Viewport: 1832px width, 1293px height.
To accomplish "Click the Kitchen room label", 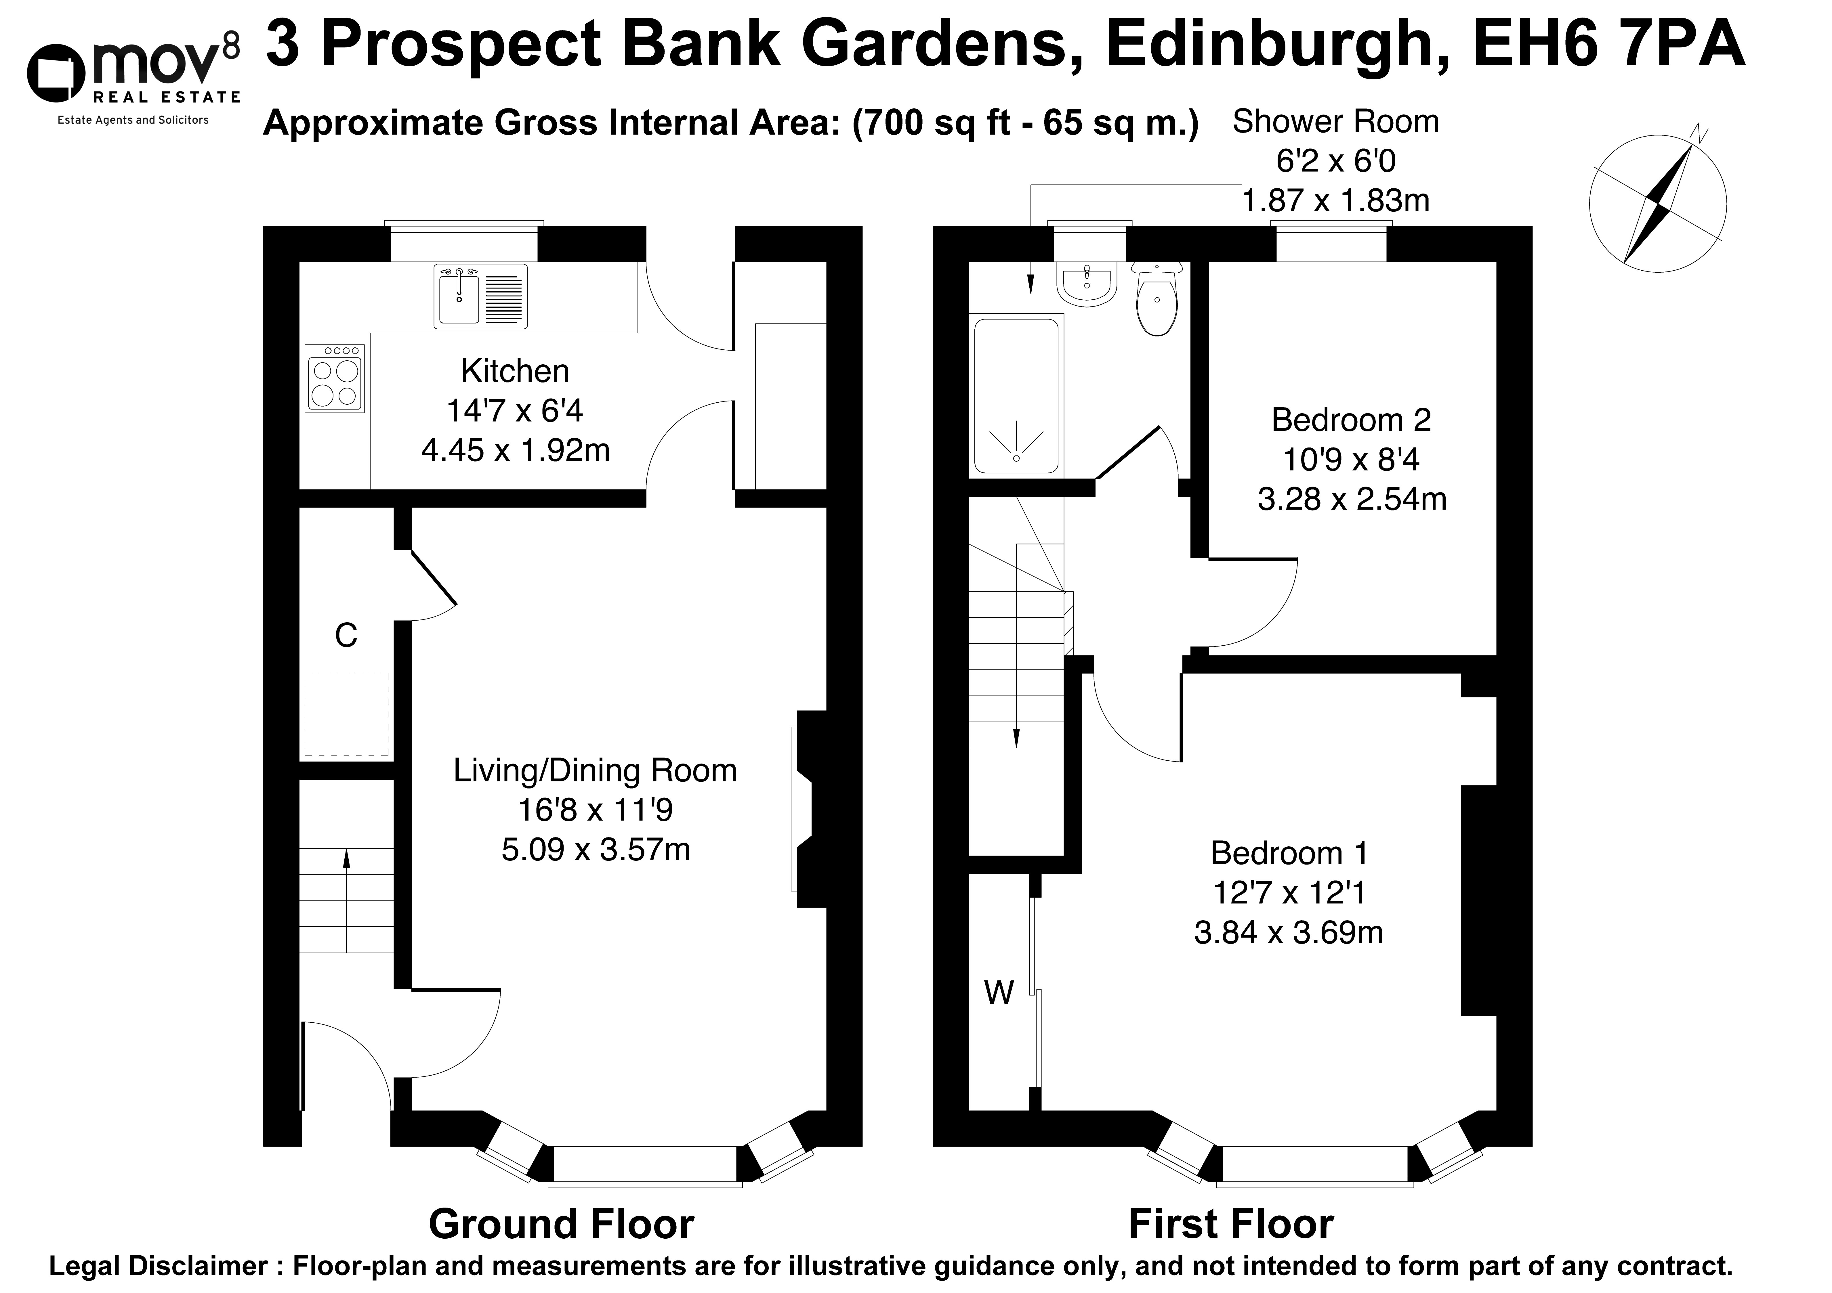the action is click(x=516, y=371).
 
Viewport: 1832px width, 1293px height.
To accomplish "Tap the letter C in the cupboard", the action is click(x=346, y=636).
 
